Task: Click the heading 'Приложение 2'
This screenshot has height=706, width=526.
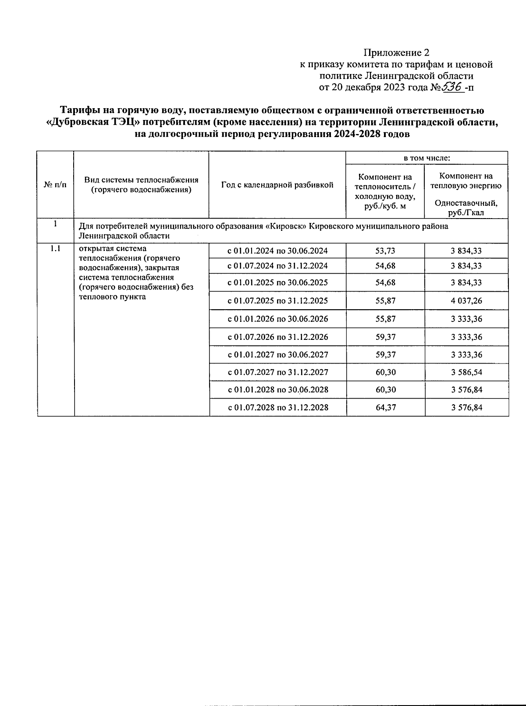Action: click(396, 53)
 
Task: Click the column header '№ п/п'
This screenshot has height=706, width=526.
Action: click(55, 185)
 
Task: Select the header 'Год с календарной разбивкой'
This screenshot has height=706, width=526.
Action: click(277, 185)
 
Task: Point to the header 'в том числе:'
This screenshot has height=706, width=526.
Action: click(426, 158)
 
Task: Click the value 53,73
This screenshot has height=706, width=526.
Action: click(385, 251)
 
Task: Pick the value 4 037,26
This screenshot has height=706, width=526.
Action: click(466, 301)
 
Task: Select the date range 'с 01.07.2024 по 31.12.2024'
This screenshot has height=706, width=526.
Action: click(277, 266)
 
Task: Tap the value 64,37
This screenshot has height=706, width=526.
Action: click(385, 408)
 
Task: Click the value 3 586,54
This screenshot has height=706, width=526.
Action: click(466, 372)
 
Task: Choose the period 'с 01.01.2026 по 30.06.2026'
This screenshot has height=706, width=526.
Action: click(277, 319)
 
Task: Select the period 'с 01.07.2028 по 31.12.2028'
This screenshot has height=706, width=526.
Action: click(278, 408)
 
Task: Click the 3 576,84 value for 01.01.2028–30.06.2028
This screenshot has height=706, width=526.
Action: click(466, 390)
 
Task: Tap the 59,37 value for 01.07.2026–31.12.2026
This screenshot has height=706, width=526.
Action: click(385, 337)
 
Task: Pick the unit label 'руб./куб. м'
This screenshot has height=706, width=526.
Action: click(385, 206)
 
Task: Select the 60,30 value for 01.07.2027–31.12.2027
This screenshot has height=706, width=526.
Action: click(385, 372)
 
